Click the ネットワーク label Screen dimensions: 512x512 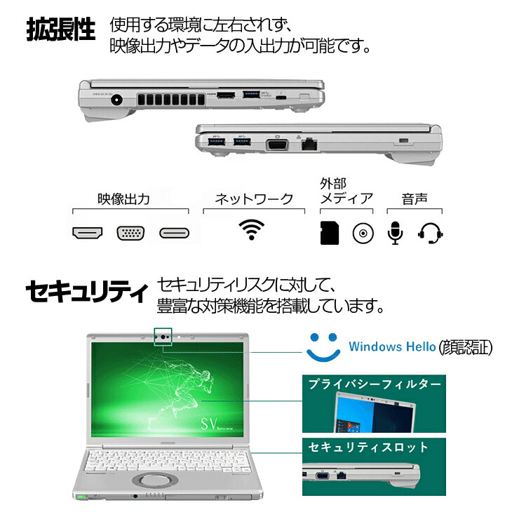point(253,198)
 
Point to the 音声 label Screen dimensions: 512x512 point(413,198)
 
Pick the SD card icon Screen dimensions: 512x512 point(330,233)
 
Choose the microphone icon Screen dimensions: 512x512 point(396,234)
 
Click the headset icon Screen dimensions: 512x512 point(431,234)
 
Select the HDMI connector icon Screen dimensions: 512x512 point(88,233)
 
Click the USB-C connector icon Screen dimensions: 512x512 point(175,233)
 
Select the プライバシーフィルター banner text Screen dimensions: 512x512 point(375,384)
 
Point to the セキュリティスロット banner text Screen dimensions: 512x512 point(368,447)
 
